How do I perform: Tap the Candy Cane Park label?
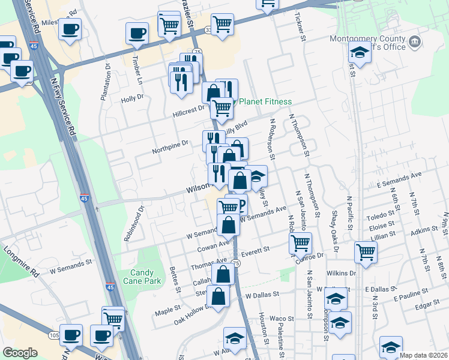[138, 277]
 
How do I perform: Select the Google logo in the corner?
[20, 353]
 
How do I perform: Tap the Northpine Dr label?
[170, 143]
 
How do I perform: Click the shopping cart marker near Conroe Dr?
[300, 243]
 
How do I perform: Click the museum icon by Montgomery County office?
[414, 42]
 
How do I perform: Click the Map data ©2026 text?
[424, 355]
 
